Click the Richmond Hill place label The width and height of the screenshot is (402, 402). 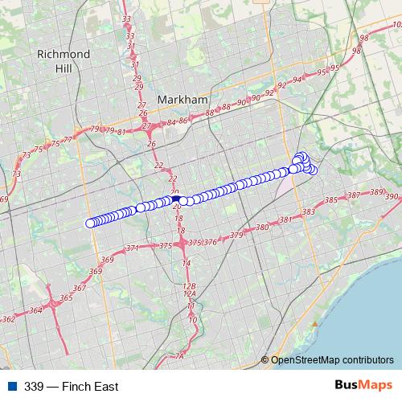point(63,61)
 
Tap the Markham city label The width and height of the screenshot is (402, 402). point(183,99)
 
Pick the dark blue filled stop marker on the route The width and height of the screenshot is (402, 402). point(177,199)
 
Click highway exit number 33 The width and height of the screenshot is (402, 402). point(126,18)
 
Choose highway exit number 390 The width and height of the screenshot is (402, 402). point(392,196)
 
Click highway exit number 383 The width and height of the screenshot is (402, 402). point(309,212)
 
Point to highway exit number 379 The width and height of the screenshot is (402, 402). point(236,236)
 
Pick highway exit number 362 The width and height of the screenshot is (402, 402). point(9,319)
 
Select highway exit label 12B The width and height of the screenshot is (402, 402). point(190,286)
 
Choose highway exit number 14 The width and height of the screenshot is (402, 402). point(187,264)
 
